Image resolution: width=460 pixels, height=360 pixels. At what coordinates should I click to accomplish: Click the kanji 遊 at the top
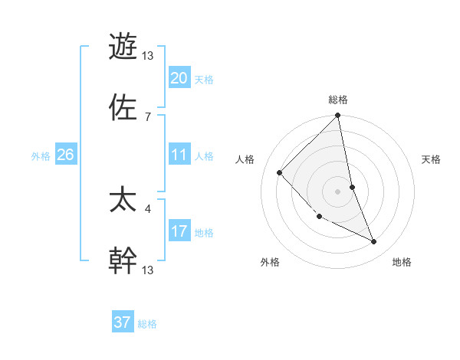click(x=123, y=46)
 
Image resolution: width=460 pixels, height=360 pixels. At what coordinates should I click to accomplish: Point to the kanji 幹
click(x=123, y=260)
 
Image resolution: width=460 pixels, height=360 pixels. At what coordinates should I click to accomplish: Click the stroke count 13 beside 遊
click(x=149, y=56)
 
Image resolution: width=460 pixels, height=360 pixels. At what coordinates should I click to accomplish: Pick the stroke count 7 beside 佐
click(x=148, y=116)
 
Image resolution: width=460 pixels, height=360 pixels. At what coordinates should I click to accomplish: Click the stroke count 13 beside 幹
click(x=149, y=270)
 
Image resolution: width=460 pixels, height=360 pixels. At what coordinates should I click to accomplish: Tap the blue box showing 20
click(x=179, y=78)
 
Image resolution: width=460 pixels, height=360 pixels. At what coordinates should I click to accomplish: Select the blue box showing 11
click(x=179, y=155)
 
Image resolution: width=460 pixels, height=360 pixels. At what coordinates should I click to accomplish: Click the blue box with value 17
click(x=179, y=231)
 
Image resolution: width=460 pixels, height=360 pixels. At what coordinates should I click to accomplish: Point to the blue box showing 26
click(x=65, y=155)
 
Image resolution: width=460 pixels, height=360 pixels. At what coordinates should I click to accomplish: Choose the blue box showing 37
click(x=122, y=322)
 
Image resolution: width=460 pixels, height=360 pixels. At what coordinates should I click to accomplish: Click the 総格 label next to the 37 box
click(x=147, y=324)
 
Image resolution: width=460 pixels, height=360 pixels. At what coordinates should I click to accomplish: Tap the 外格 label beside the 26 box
click(x=41, y=156)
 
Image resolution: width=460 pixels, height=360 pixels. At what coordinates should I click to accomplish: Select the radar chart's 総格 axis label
click(x=338, y=100)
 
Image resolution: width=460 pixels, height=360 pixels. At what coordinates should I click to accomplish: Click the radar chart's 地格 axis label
click(x=402, y=263)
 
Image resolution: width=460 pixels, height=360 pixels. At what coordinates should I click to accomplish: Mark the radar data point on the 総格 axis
click(x=338, y=116)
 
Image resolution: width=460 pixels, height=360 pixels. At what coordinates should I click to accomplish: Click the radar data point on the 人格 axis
click(x=280, y=172)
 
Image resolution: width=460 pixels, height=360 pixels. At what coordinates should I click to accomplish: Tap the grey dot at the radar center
click(x=338, y=191)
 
